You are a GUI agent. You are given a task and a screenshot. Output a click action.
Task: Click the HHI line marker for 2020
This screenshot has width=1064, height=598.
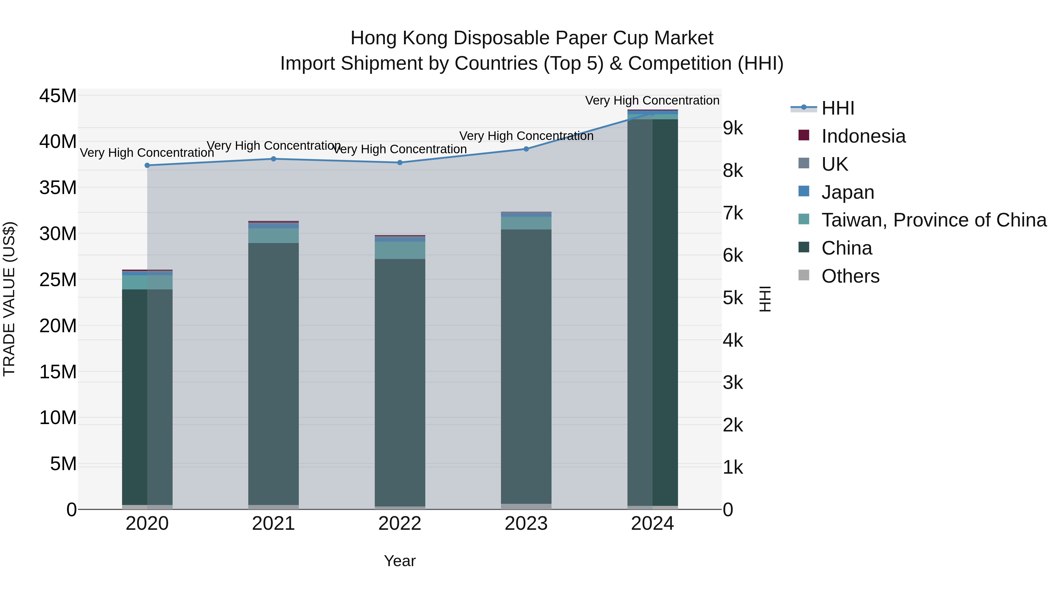[147, 165]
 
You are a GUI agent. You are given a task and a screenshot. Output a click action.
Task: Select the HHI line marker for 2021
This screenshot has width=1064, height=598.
[273, 159]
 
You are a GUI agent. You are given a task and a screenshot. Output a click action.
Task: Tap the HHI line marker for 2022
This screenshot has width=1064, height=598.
[400, 163]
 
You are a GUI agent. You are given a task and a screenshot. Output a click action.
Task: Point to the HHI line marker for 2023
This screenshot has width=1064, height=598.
[526, 149]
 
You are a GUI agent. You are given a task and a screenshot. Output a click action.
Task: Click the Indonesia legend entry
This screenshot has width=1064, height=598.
[863, 136]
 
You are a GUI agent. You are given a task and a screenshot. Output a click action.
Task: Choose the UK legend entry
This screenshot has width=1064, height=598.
[834, 164]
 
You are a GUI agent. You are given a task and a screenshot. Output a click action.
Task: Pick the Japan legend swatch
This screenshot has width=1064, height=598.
[804, 191]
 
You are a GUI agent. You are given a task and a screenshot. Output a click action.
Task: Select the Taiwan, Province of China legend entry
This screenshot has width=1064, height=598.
[933, 220]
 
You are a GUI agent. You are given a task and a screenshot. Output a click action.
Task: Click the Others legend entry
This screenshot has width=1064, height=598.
[850, 276]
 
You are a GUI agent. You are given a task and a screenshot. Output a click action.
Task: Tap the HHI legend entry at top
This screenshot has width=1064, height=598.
[838, 108]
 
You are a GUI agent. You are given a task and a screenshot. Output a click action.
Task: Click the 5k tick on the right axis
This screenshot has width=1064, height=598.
[733, 298]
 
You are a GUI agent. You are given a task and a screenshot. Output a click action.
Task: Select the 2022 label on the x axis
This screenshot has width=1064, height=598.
[400, 524]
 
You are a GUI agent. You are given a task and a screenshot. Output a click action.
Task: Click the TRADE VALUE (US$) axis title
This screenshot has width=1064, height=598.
[9, 299]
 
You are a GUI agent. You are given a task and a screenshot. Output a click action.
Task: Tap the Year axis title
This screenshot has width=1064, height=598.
[400, 561]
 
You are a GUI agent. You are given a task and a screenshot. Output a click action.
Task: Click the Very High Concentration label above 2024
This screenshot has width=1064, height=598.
[652, 100]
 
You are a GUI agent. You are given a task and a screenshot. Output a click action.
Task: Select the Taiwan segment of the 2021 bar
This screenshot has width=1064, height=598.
[273, 236]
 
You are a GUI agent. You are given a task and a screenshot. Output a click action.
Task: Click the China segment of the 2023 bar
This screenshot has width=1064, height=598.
[526, 366]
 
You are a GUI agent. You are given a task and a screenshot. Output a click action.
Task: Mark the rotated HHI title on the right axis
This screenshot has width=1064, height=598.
[765, 299]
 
